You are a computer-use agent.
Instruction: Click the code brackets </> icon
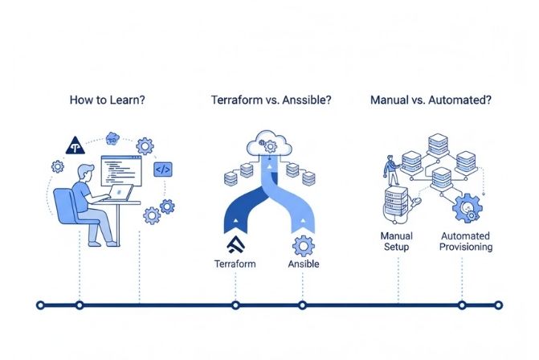(163, 170)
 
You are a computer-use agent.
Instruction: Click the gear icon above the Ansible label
(303, 244)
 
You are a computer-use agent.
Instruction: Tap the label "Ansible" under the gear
(303, 263)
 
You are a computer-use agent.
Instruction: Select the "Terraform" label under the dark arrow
(236, 263)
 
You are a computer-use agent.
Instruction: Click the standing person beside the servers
(391, 170)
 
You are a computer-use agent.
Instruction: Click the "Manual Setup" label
(397, 241)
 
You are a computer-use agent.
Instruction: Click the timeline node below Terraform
(235, 305)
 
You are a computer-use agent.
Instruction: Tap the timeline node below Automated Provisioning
(462, 305)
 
